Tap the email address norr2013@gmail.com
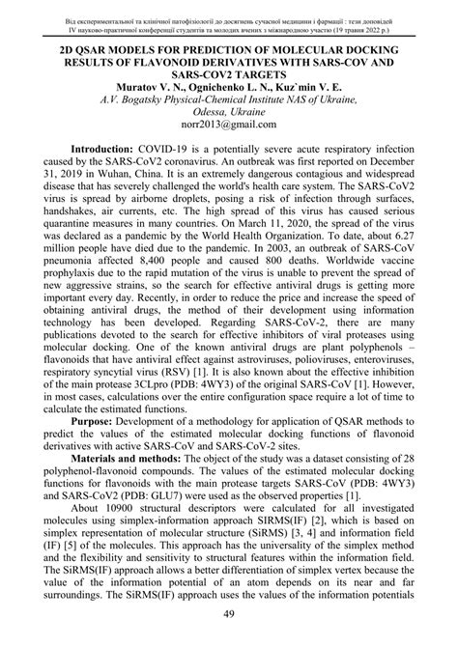[x=229, y=124]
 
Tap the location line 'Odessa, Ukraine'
[x=229, y=110]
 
